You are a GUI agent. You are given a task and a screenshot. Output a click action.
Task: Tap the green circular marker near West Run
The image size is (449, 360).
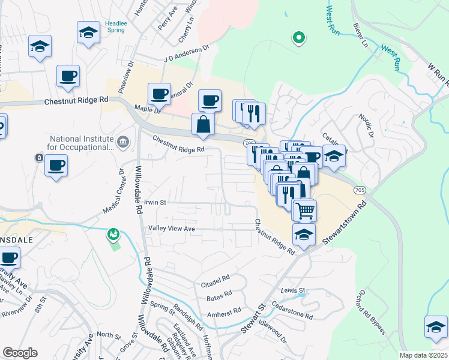click(298, 39)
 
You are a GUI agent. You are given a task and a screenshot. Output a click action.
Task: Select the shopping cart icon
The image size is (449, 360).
click(304, 210)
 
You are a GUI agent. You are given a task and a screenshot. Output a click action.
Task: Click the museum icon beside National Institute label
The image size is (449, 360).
click(124, 142)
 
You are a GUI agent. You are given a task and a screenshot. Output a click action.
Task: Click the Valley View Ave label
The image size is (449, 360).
click(172, 229)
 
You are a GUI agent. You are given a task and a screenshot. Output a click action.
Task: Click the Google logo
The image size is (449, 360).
click(20, 353)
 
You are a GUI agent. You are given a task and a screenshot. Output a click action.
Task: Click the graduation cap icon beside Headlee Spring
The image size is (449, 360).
click(89, 32)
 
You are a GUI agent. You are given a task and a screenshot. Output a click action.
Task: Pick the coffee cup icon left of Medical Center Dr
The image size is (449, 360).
click(56, 166)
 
